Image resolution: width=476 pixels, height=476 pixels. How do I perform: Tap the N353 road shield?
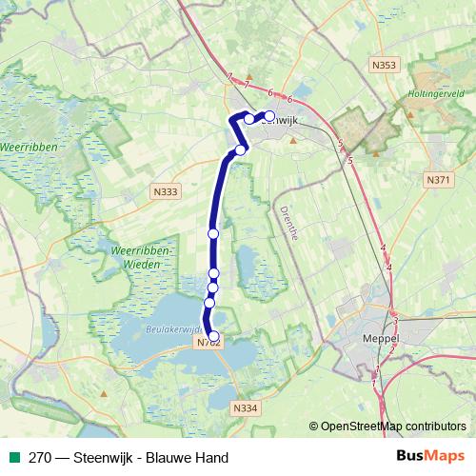click(383, 65)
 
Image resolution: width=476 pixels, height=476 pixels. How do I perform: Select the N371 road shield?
click(438, 180)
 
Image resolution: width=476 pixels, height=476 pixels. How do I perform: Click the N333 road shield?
click(164, 191)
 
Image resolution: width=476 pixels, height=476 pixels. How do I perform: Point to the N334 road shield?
click(244, 407)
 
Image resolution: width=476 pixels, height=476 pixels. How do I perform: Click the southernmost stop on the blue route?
click(214, 336)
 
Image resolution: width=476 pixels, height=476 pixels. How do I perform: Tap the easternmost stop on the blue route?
click(269, 116)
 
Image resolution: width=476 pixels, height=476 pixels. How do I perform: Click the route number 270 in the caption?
click(38, 458)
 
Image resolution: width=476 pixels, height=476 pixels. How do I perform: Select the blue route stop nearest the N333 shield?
click(213, 233)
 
